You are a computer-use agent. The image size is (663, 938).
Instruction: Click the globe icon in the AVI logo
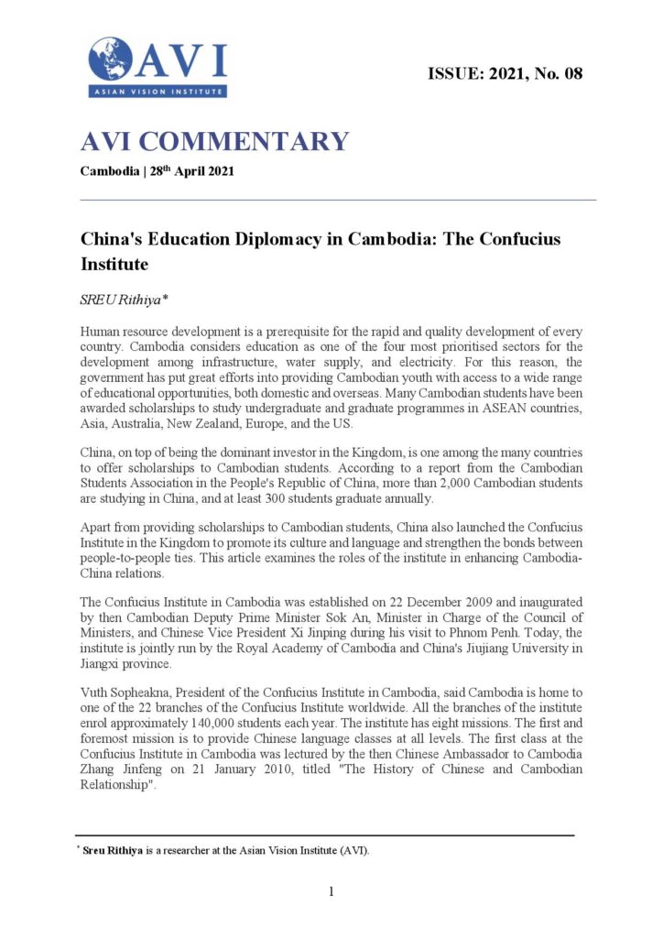tap(110, 59)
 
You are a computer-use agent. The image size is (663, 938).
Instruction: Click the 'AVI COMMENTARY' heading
tap(215, 142)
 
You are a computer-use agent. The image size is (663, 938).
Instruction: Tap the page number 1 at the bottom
tap(331, 892)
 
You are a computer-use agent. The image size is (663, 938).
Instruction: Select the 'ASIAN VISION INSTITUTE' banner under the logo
tap(158, 91)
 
